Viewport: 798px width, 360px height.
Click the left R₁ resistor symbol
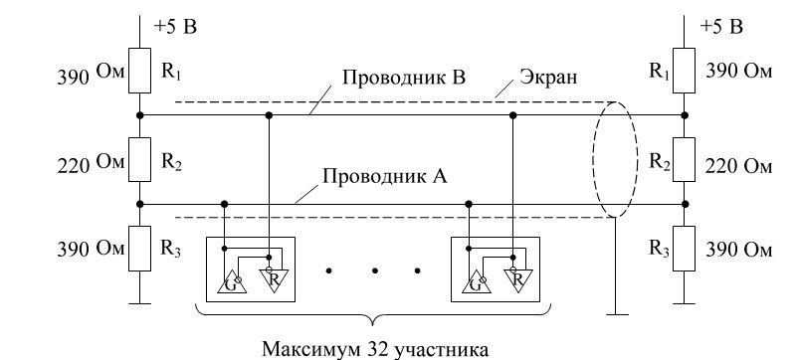pyautogui.click(x=139, y=71)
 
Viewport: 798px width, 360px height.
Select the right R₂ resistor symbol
pyautogui.click(x=684, y=159)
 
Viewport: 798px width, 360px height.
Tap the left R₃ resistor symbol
pyautogui.click(x=139, y=249)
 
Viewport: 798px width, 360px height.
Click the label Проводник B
pyautogui.click(x=404, y=79)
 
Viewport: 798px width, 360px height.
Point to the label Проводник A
pyautogui.click(x=385, y=176)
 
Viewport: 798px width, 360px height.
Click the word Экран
pyautogui.click(x=548, y=78)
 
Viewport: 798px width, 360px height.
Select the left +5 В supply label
pyautogui.click(x=175, y=27)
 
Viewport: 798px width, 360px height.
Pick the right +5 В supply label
pyautogui.click(x=721, y=27)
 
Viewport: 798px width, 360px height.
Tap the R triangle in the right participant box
pyautogui.click(x=518, y=278)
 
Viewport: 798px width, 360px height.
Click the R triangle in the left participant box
pyautogui.click(x=274, y=278)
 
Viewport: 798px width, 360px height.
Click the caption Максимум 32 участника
pyautogui.click(x=375, y=349)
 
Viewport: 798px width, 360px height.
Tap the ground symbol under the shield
pyautogui.click(x=616, y=314)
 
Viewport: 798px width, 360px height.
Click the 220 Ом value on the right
pyautogui.click(x=738, y=166)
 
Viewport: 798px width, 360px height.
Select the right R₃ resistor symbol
pyautogui.click(x=684, y=249)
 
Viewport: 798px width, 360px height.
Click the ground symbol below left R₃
pyautogui.click(x=139, y=303)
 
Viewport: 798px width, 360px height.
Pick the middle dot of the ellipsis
pyautogui.click(x=373, y=270)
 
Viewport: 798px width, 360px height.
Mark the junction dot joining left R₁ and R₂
pyautogui.click(x=140, y=115)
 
